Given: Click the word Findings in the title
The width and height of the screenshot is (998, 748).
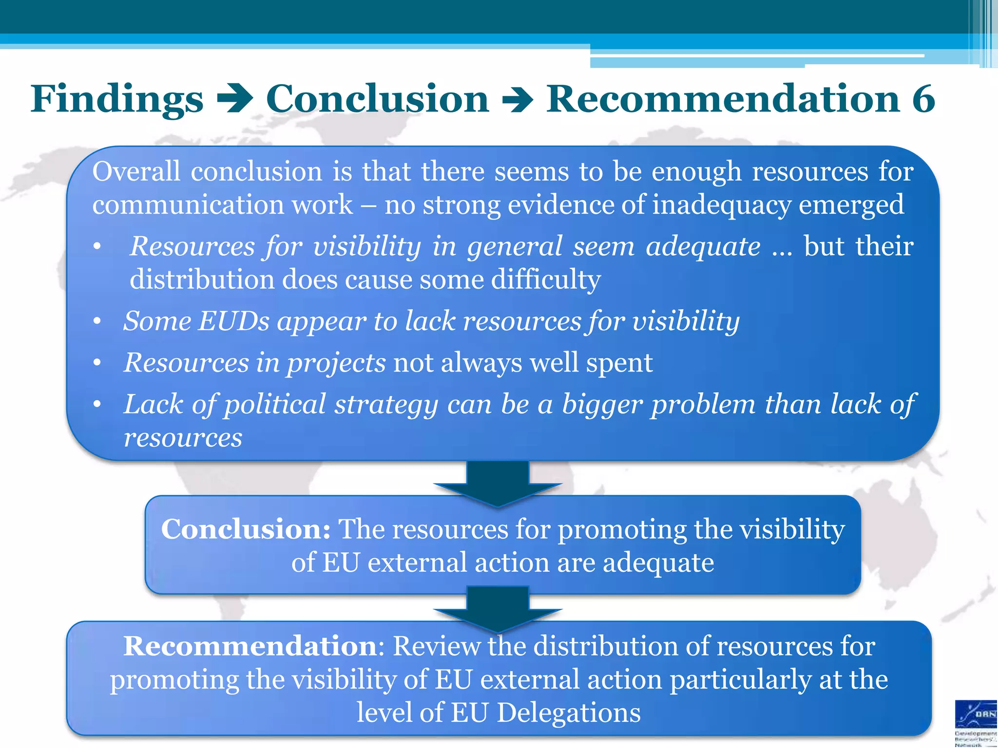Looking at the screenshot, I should [x=117, y=99].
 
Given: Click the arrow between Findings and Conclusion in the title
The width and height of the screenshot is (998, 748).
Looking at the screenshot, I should [x=235, y=99].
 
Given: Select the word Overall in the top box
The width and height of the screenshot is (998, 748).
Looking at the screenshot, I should [x=136, y=171].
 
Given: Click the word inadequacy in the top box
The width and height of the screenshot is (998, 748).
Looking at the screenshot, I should [x=721, y=205].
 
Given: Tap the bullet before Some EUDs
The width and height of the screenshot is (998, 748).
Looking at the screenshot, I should [x=97, y=321].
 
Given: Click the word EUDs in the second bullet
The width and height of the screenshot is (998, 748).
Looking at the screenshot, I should [x=233, y=321].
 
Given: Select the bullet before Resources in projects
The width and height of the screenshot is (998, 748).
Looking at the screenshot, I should [x=97, y=363].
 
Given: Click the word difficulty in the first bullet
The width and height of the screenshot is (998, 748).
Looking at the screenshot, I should [x=546, y=280].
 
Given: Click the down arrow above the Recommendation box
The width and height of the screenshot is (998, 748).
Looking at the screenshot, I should [x=498, y=609].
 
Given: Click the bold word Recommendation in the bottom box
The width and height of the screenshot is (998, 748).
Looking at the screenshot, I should [x=250, y=646].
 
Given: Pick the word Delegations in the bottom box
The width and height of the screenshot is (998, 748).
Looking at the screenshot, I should [x=569, y=713].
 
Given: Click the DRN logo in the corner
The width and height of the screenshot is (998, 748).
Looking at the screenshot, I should [x=976, y=716].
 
